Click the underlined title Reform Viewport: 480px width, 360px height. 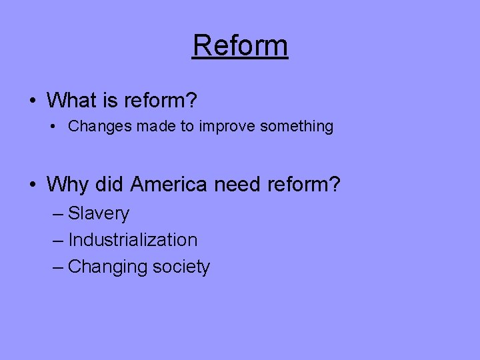click(240, 46)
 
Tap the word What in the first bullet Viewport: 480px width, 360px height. click(72, 101)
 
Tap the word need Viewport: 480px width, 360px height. click(238, 183)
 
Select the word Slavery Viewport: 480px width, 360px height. click(99, 214)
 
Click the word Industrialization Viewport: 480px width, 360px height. click(133, 240)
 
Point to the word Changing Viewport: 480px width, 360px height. click(107, 267)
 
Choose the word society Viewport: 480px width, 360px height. click(181, 267)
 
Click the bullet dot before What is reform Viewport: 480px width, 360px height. click(33, 101)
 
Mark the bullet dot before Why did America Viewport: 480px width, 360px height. click(33, 184)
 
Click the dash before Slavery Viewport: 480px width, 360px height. click(57, 215)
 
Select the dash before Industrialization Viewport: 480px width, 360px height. click(57, 241)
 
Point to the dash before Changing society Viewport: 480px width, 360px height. click(57, 267)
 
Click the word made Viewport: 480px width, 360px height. click(156, 126)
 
